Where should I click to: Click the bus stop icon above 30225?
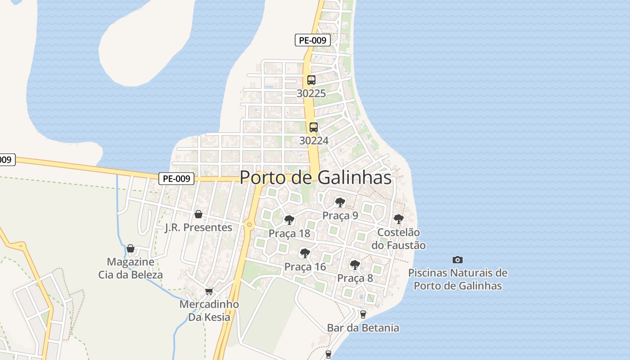pos(311,80)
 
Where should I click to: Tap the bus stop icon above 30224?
pos(314,127)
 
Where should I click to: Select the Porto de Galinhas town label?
pos(315,177)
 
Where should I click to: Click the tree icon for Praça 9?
pos(340,202)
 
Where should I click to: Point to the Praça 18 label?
pos(289,234)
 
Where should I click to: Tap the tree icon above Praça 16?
pos(305,253)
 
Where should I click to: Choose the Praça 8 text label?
pos(355,278)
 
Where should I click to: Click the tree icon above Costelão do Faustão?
pos(398,219)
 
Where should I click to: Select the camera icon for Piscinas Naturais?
pos(458,260)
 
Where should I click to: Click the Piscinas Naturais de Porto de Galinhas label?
pos(458,279)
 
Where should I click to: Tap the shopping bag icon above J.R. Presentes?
pos(198,214)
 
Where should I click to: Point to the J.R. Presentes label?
pos(198,227)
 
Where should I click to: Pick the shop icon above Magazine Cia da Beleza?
pos(130,248)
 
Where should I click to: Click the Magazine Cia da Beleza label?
pos(130,268)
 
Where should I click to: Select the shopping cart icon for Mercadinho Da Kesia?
pos(209,292)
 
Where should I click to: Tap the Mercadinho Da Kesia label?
pos(209,310)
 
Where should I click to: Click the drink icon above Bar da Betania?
pos(363,314)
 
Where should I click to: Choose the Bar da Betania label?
pos(363,328)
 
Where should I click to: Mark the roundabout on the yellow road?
pos(249,224)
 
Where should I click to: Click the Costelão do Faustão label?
pos(398,239)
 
